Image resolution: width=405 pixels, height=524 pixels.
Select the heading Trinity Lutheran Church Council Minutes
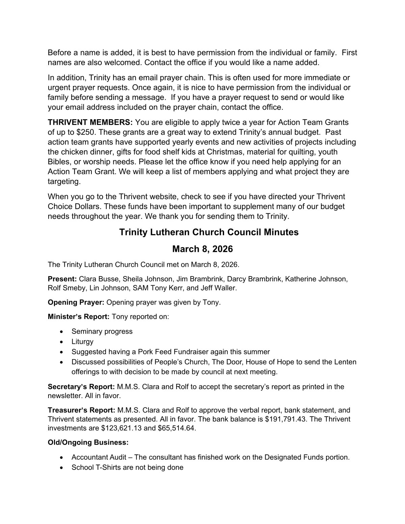209,232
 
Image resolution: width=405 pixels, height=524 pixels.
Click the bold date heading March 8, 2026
202,249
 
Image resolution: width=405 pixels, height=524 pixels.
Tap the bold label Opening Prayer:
76,302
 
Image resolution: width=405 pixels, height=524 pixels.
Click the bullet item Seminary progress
102,331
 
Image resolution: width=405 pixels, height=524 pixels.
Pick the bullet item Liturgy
82,341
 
